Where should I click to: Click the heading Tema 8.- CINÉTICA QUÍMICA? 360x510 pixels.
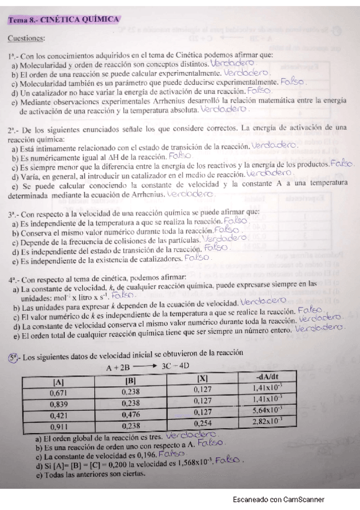(x=63, y=20)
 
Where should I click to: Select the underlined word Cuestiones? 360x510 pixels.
(x=26, y=39)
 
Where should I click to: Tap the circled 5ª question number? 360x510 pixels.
(x=13, y=357)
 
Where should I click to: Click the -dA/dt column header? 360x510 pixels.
(x=268, y=376)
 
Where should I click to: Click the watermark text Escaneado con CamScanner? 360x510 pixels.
(x=278, y=499)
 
